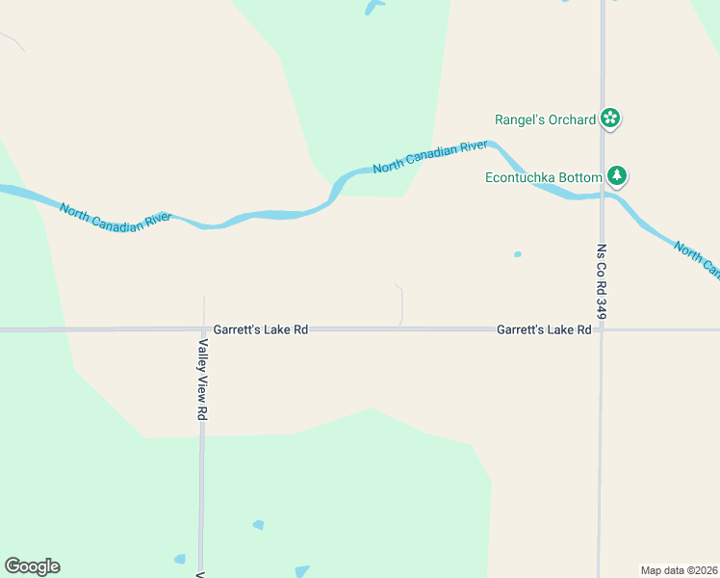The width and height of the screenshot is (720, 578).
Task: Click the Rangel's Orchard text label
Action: click(545, 119)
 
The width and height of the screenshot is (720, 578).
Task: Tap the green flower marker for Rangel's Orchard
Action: click(609, 118)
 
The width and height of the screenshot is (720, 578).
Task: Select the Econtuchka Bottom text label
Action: click(544, 177)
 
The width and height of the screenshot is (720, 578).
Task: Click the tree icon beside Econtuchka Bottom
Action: click(617, 176)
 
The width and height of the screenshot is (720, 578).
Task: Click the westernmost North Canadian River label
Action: click(115, 216)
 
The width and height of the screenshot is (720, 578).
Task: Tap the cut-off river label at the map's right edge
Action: click(697, 260)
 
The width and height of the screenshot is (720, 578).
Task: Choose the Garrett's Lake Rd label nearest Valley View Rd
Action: click(261, 329)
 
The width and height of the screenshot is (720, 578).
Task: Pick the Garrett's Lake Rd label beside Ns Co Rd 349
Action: click(544, 329)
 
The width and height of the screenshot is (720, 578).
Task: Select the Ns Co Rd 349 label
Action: click(602, 281)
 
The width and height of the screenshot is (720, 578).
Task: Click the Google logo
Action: click(32, 566)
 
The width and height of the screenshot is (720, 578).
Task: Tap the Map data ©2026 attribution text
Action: click(679, 570)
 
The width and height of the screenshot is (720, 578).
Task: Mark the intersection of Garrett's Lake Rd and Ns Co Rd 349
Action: click(602, 329)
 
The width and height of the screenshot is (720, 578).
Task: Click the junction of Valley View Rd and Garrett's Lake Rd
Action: click(203, 329)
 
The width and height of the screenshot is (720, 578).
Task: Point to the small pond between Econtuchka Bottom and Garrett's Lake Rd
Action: click(518, 254)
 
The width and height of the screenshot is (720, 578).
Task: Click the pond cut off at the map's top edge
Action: click(373, 7)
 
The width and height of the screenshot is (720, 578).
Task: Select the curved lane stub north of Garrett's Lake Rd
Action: click(400, 303)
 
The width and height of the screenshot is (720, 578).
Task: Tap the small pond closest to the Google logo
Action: click(179, 559)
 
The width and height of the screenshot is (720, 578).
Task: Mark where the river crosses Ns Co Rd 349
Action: click(603, 195)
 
